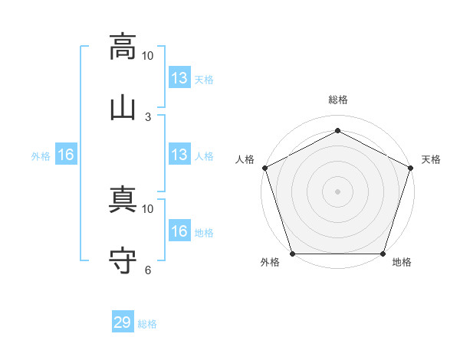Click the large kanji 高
coord(123,47)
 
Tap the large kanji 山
coord(123,109)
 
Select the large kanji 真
coord(123,199)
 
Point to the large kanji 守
coord(123,260)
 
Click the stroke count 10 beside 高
coord(147,56)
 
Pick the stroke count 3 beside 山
coord(148,117)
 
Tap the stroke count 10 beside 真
coord(147,209)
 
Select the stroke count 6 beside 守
coord(148,270)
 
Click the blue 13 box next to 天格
coord(179,77)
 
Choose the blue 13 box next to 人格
coord(179,154)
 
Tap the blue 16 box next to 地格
coord(179,230)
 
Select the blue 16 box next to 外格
coord(66,154)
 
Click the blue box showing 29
coord(123,321)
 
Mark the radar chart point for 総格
coord(337,130)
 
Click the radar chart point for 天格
coord(410,168)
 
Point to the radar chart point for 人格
coord(265,168)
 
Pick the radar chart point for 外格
coord(293,254)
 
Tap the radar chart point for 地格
coord(383,254)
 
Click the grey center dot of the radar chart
coord(337,191)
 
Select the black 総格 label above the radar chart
coord(338,100)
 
